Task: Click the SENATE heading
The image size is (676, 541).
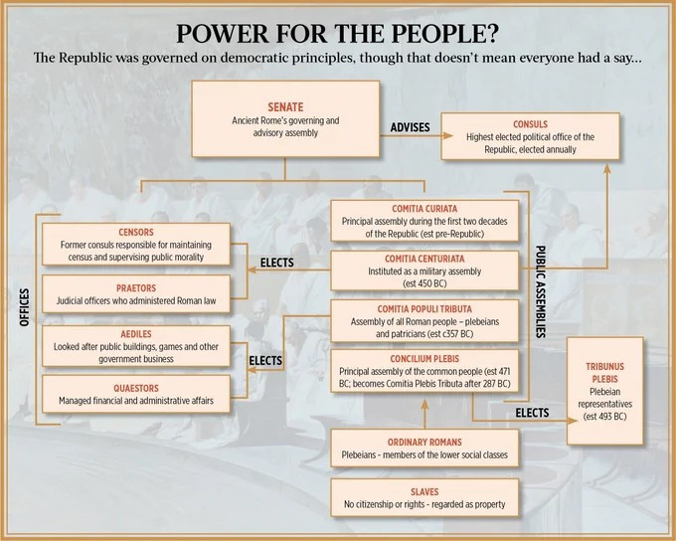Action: pos(285,107)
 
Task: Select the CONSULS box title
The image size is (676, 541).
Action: pos(530,124)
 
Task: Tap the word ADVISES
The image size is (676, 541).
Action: pos(410,127)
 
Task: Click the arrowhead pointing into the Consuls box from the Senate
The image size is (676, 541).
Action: pos(447,136)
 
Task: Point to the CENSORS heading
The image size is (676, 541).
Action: pos(136,232)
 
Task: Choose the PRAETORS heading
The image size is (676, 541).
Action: pos(136,288)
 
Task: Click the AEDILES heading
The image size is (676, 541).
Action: pos(136,334)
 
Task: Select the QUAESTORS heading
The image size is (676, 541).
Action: pos(136,388)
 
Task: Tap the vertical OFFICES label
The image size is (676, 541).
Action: pos(25,307)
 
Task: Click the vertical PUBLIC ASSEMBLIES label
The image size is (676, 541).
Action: pos(540,291)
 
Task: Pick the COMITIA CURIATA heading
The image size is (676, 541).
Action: pos(424,209)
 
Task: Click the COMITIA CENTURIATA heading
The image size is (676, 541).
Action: pos(424,259)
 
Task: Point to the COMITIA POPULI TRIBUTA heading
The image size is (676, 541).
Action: pos(424,309)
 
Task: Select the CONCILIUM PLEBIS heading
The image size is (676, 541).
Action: pos(424,359)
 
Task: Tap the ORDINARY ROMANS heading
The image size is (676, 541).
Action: pos(424,443)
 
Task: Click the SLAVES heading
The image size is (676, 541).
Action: pos(424,492)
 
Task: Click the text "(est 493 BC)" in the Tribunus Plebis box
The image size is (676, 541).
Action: pos(604,417)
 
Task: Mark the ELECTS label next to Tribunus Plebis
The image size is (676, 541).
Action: pos(533,413)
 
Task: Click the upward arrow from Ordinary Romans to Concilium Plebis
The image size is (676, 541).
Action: pos(424,414)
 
